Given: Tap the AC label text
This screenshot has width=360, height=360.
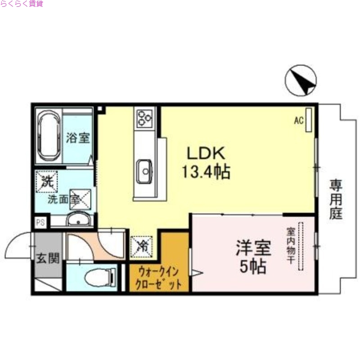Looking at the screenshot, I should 298,120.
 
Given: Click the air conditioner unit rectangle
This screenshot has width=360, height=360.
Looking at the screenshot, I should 308,120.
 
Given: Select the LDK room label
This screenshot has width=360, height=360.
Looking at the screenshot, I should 206,154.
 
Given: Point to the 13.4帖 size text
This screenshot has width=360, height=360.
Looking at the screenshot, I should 206,171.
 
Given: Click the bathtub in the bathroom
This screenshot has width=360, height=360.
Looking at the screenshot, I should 48,135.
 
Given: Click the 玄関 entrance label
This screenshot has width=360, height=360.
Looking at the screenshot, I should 48,258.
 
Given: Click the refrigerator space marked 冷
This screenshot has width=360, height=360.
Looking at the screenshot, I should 142,245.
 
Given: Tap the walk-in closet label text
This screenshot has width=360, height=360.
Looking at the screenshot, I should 160,278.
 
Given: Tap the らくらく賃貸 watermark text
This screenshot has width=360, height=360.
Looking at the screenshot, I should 22,4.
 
